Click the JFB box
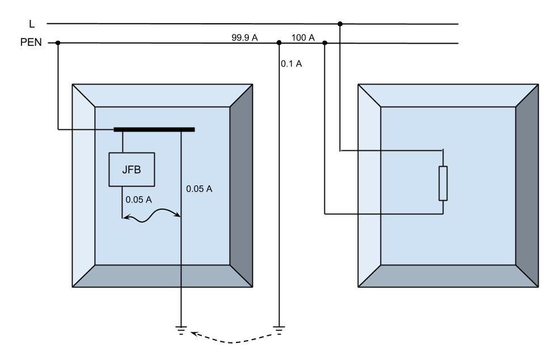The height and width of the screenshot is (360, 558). (x=132, y=170)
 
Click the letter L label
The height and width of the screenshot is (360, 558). (x=32, y=24)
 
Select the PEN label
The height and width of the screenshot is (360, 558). (x=31, y=43)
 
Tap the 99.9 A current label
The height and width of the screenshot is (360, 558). (x=244, y=37)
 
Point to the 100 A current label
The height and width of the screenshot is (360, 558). (x=303, y=37)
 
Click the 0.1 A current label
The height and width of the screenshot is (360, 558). (x=291, y=63)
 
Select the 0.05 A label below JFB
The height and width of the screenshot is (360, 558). (x=138, y=200)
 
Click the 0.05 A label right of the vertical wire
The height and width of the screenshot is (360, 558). (x=199, y=189)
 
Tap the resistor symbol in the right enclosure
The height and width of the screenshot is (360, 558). (x=443, y=183)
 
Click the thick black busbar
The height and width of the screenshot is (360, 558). (x=154, y=129)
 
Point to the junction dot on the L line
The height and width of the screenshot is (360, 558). (x=340, y=24)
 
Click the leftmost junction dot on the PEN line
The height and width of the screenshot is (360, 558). (x=58, y=43)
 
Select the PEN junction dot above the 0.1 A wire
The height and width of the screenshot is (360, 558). (x=279, y=43)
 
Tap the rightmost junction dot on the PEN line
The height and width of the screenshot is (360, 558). (x=324, y=43)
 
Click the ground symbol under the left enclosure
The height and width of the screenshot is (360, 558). (x=181, y=331)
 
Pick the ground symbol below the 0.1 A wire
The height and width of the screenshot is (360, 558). (x=279, y=331)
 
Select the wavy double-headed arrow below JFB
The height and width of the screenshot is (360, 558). (x=151, y=215)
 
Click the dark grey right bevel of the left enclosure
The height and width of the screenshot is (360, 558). (x=241, y=185)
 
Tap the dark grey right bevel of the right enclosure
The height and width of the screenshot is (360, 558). (x=527, y=185)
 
